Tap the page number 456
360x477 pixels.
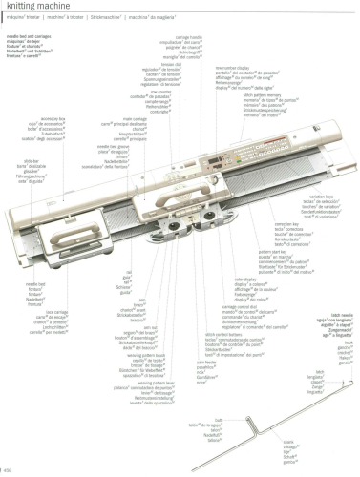pyautogui.click(x=8, y=470)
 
